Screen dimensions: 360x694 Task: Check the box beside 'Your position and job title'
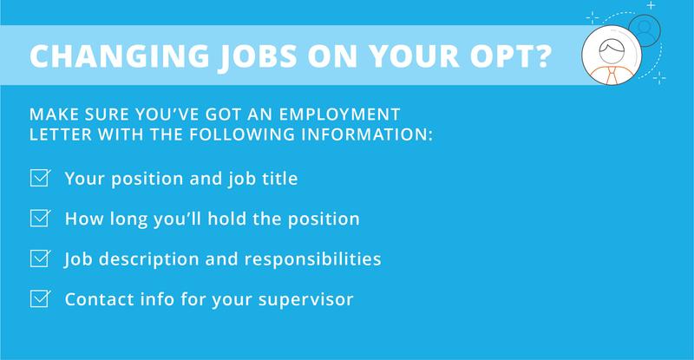coord(38,180)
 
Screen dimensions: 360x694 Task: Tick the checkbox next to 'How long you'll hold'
coord(38,219)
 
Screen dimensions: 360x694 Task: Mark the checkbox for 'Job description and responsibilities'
coord(38,259)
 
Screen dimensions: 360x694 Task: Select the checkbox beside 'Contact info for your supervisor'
coord(38,300)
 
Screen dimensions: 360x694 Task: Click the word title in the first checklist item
coord(279,180)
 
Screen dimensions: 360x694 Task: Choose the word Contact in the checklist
coord(94,300)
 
